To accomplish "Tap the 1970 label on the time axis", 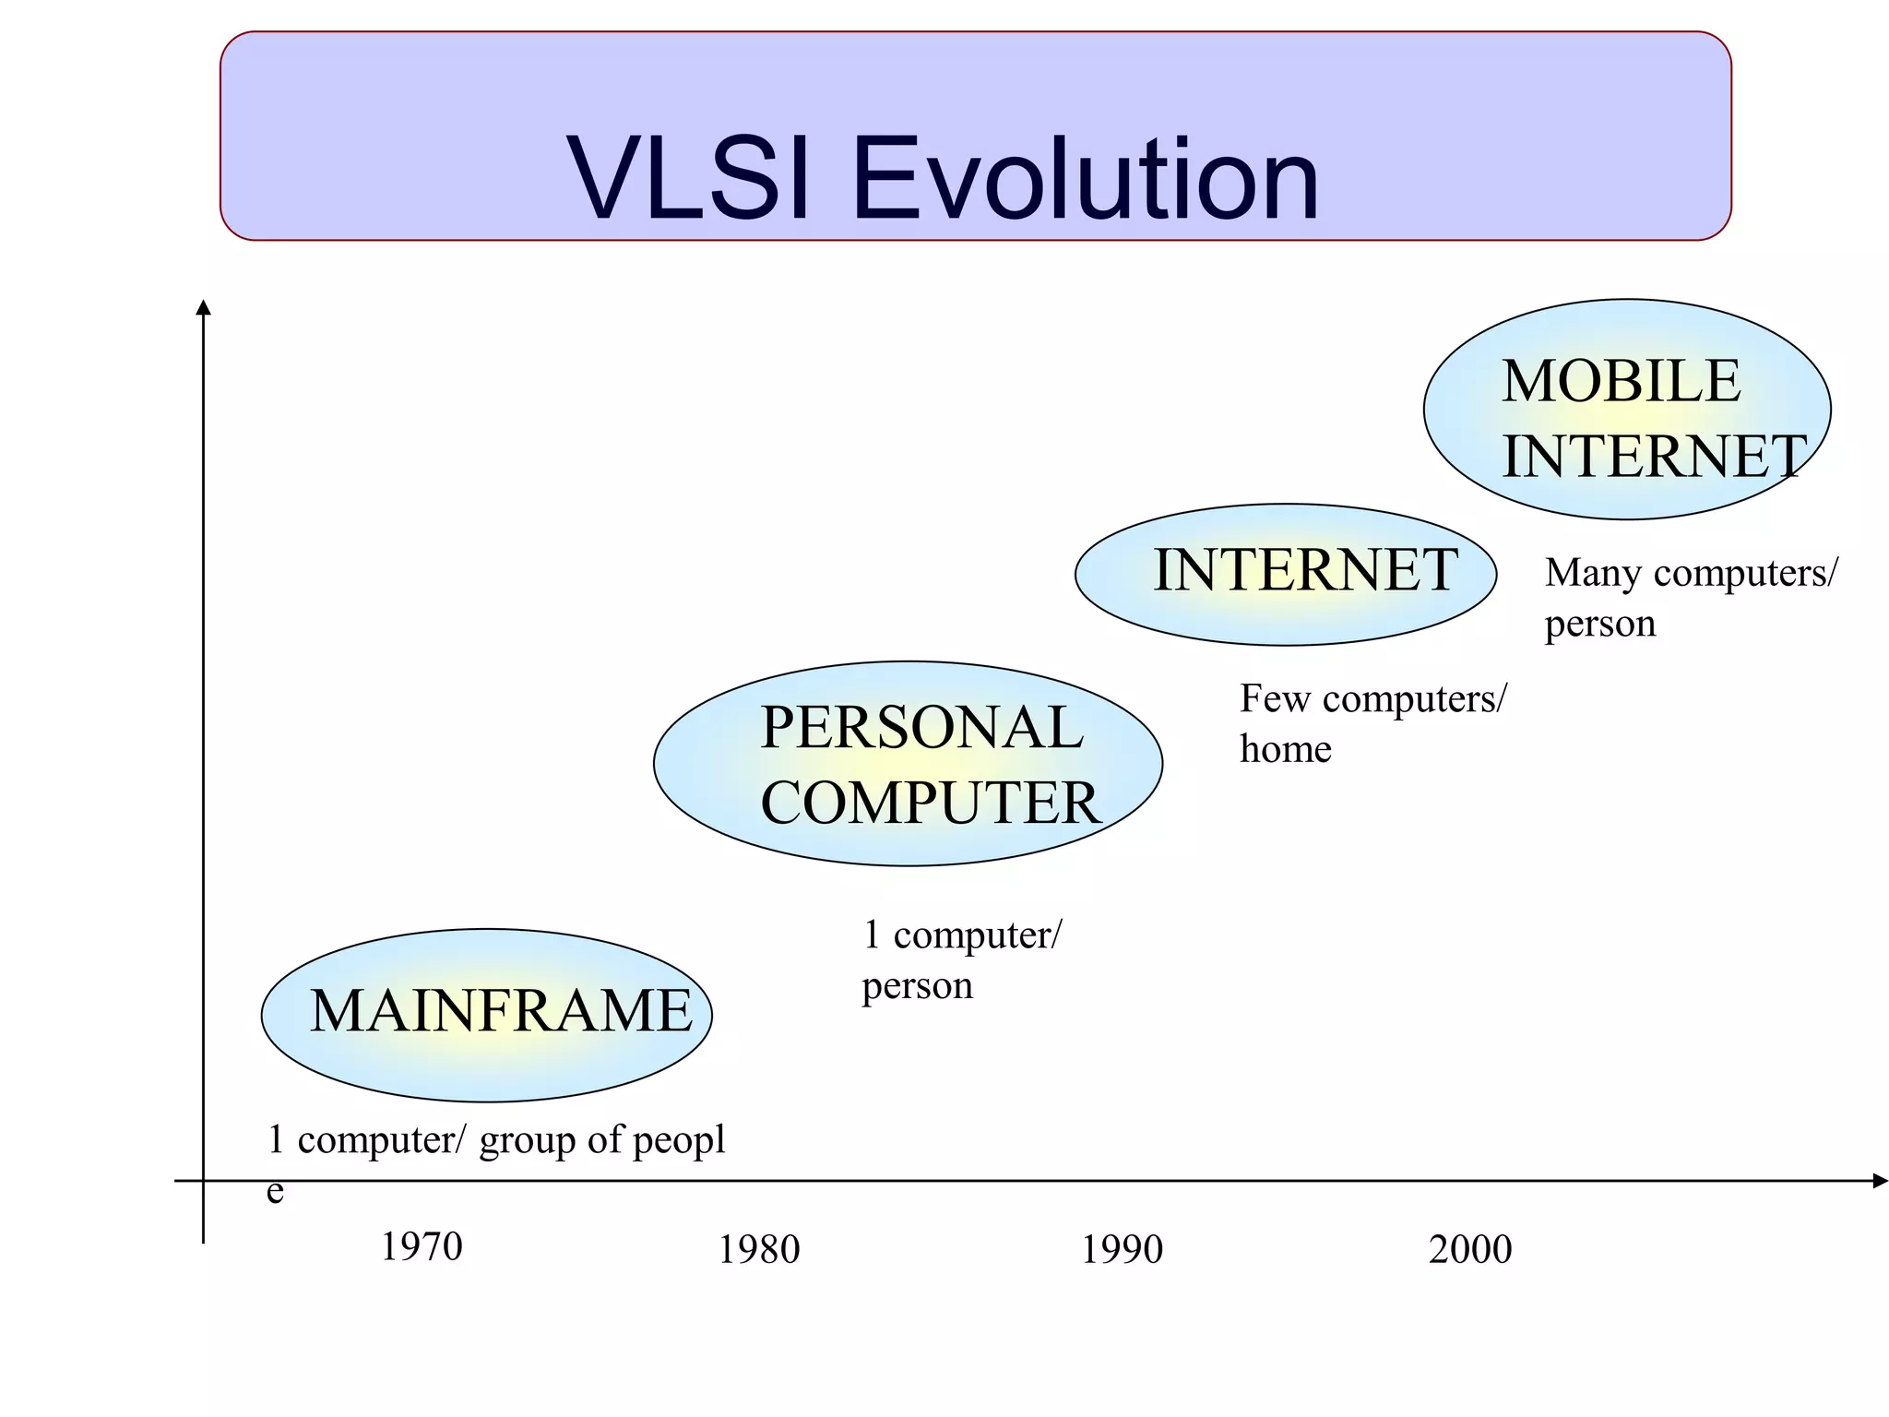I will (x=422, y=1247).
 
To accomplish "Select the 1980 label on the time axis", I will (x=759, y=1250).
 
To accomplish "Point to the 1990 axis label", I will (x=1122, y=1250).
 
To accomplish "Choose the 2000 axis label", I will (x=1470, y=1250).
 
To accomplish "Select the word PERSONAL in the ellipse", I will (x=921, y=727).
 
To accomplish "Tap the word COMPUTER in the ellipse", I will (x=931, y=803).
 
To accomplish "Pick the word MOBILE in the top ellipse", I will (x=1621, y=381).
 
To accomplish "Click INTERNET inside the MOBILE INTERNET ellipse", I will (x=1654, y=456).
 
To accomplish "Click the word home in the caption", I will (x=1286, y=749).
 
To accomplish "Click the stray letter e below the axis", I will (x=275, y=1192).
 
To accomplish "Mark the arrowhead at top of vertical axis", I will (x=204, y=307).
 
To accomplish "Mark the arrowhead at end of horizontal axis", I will (x=1880, y=1181).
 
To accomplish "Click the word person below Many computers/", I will (x=1600, y=625).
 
